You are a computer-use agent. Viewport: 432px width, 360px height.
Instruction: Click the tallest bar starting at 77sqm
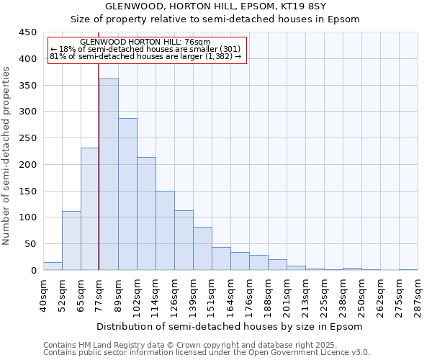(x=109, y=174)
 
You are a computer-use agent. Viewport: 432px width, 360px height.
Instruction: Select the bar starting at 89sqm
(x=127, y=194)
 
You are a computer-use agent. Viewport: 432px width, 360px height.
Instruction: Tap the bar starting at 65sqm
(x=90, y=209)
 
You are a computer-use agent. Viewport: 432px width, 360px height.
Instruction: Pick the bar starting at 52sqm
(x=71, y=240)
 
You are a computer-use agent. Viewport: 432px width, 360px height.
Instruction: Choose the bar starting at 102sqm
(x=146, y=214)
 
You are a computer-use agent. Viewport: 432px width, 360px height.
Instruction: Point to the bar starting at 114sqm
(x=165, y=230)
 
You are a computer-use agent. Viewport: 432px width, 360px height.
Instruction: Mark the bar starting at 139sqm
(x=202, y=248)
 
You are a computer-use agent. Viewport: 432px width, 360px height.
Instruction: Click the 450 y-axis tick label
(x=27, y=33)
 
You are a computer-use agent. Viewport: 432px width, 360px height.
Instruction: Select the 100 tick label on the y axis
(x=27, y=217)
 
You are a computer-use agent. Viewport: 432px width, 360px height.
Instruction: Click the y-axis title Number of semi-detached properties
(x=6, y=156)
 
